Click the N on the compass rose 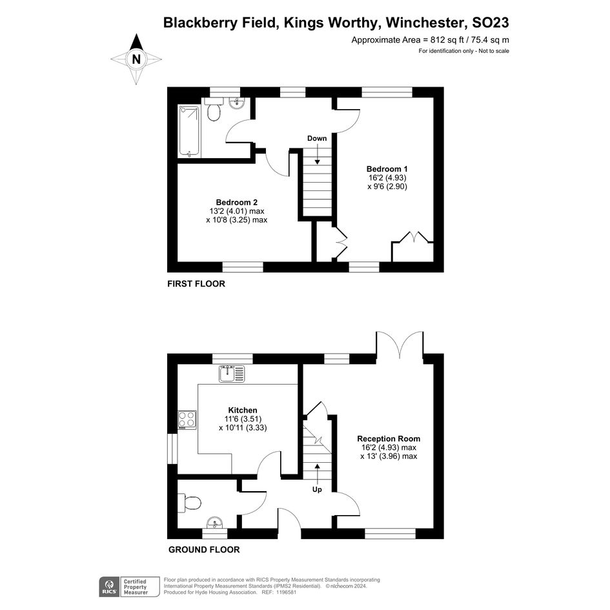136,59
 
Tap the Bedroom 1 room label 387,169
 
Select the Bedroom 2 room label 236,202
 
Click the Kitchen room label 243,410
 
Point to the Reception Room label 389,438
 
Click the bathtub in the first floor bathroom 189,132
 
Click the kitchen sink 232,374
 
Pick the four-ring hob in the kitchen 187,420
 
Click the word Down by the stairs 317,138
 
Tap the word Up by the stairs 317,489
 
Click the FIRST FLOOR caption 196,283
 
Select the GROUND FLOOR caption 204,549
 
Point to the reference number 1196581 287,593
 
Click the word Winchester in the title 427,23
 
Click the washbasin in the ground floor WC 215,522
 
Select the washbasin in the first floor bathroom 236,103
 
